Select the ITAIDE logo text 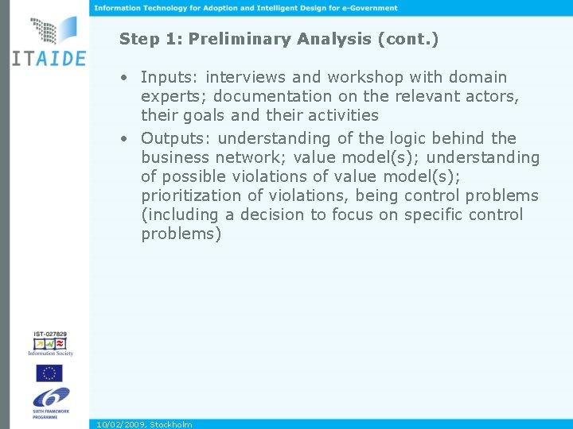[x=49, y=59]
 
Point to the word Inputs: [x=170, y=77]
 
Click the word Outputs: [x=175, y=138]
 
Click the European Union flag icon [x=49, y=373]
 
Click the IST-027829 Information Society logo [x=49, y=342]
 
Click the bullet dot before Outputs [x=125, y=139]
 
